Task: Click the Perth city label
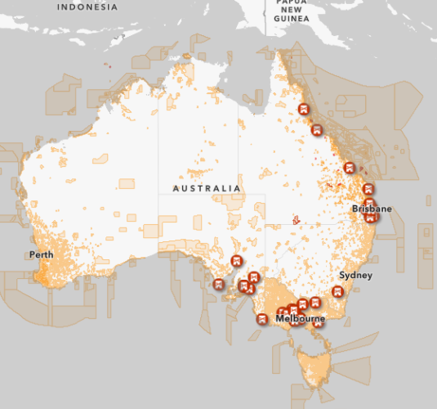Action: point(41,254)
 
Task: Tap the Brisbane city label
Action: point(372,209)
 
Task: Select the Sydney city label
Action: point(355,275)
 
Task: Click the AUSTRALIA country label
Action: point(207,188)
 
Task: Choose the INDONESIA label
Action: point(87,7)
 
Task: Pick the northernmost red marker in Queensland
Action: point(304,110)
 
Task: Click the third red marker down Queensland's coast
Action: point(349,168)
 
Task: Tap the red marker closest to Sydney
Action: point(337,292)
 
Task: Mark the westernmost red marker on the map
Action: point(218,285)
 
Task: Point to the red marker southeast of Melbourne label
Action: point(319,321)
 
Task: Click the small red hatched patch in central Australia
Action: point(296,219)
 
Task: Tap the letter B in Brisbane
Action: point(355,209)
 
